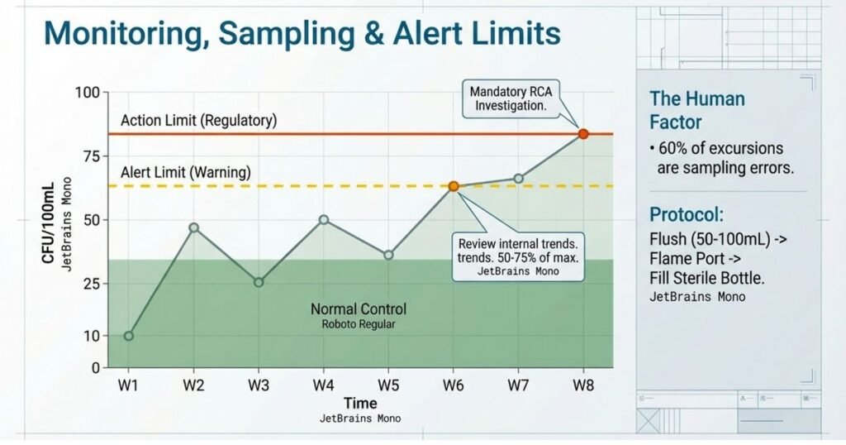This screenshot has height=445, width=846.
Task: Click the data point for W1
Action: point(129,336)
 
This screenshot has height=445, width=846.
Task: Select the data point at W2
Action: point(193,227)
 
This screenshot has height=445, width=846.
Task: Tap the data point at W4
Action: point(324,220)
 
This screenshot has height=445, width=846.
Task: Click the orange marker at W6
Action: point(454,186)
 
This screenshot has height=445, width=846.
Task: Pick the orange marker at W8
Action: point(582,134)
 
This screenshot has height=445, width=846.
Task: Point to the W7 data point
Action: point(518,179)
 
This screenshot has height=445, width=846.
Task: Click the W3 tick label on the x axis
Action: point(259,385)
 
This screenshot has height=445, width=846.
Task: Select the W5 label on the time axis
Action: point(388,385)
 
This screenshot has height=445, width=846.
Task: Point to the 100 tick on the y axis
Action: point(86,93)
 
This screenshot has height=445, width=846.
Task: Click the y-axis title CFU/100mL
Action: point(49,221)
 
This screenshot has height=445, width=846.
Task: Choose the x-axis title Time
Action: point(360,404)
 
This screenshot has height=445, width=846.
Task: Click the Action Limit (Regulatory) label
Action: point(198,121)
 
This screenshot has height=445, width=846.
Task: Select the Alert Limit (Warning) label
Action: point(185,173)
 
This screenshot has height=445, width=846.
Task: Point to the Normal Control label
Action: point(359,309)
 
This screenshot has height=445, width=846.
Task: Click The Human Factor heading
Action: point(697,111)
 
